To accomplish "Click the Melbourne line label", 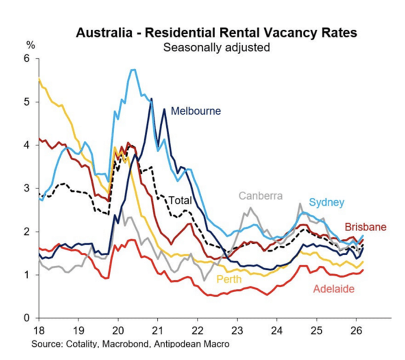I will pyautogui.click(x=196, y=111).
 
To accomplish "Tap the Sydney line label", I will pyautogui.click(x=326, y=202).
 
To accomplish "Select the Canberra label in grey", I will pyautogui.click(x=261, y=196).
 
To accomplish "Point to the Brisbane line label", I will pyautogui.click(x=365, y=227).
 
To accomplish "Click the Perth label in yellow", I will pyautogui.click(x=228, y=279).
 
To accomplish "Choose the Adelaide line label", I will pyautogui.click(x=333, y=289).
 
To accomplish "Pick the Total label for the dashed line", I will pyautogui.click(x=180, y=200).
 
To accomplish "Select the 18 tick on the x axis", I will pyautogui.click(x=39, y=328).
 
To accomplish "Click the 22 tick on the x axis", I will pyautogui.click(x=197, y=328).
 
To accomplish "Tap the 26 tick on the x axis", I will pyautogui.click(x=356, y=328).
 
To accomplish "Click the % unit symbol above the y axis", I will pyautogui.click(x=30, y=45).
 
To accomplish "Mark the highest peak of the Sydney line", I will pyautogui.click(x=133, y=70).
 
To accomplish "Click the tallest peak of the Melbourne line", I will pyautogui.click(x=151, y=98).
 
